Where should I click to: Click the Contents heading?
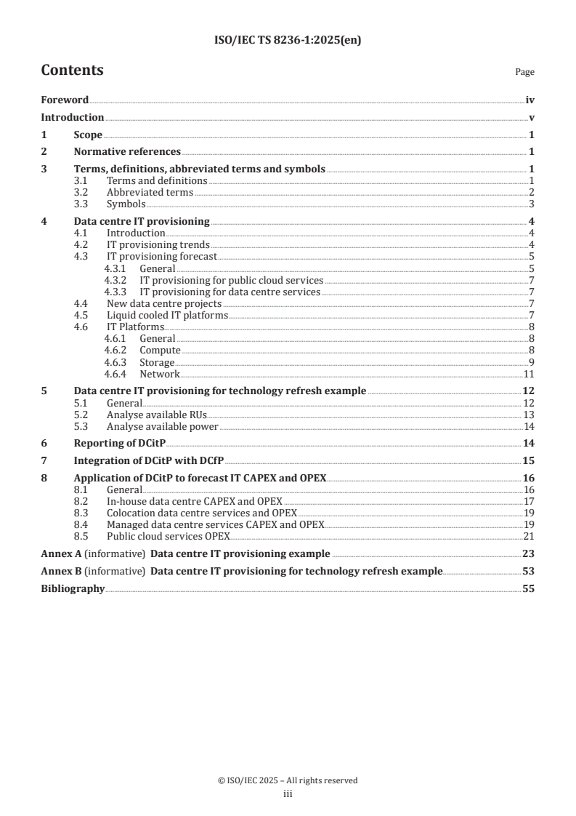pos(72,71)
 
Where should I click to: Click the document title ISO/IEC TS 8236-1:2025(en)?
pos(288,41)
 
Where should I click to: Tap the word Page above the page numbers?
pos(524,72)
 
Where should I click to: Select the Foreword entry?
pos(65,100)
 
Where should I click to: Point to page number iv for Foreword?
pos(530,100)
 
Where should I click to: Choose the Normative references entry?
pos(127,152)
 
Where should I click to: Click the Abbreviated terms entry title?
pos(150,192)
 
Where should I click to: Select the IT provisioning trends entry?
pos(158,244)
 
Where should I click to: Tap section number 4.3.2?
pos(116,279)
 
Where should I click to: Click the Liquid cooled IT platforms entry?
pos(167,315)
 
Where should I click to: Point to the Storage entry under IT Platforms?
pos(157,362)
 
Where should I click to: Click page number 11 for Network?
pos(529,374)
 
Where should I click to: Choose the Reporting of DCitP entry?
pos(120,444)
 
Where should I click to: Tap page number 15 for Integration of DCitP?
pos(529,461)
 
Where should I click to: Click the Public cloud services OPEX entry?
pos(168,536)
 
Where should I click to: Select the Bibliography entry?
pos(73,588)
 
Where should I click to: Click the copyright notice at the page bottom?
pos(288,780)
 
